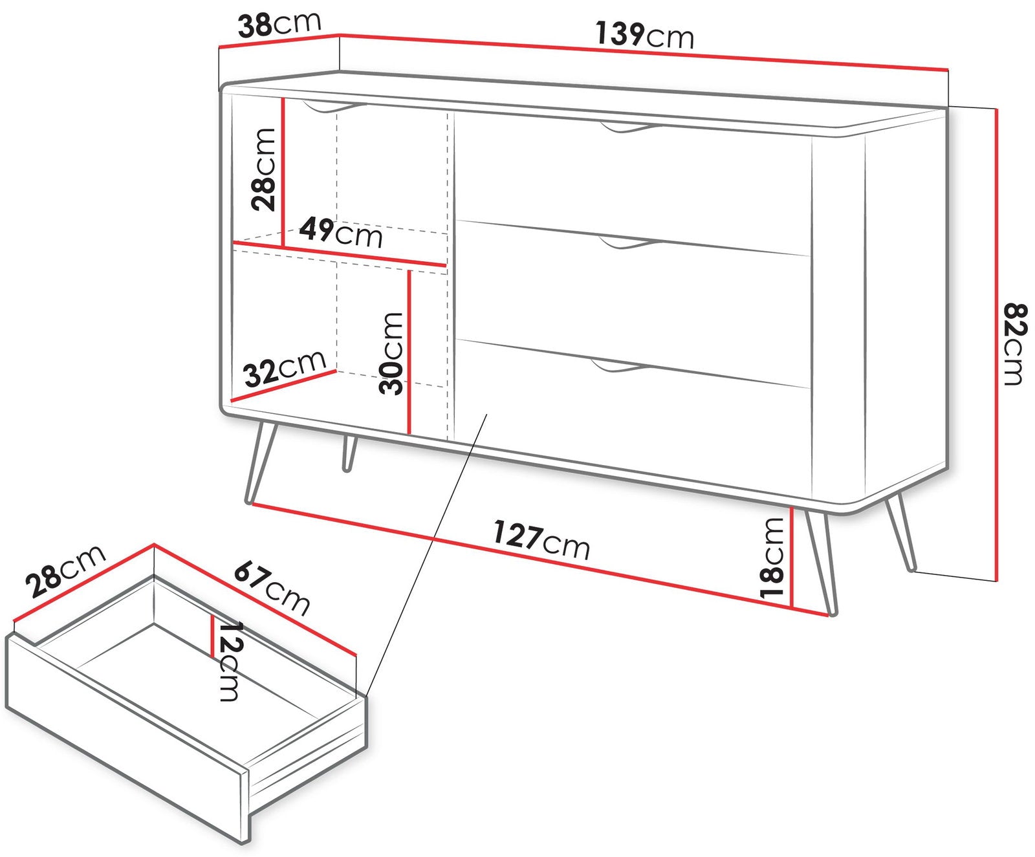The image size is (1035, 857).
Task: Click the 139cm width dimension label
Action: click(x=645, y=35)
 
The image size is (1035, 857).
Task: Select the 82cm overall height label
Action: click(x=1014, y=343)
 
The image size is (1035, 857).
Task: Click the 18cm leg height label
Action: click(x=773, y=558)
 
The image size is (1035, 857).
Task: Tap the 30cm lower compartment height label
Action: click(x=391, y=353)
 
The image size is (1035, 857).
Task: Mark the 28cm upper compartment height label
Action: click(x=264, y=169)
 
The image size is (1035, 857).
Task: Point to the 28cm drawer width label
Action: click(x=65, y=570)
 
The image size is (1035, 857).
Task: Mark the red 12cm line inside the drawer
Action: click(x=212, y=636)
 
